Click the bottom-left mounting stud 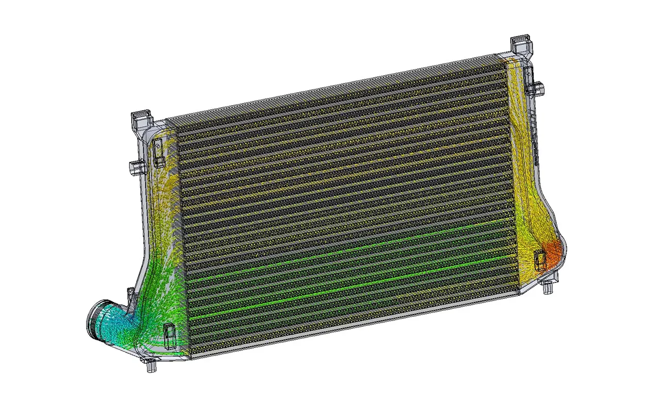(x=150, y=367)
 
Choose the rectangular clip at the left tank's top (x=158, y=153)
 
